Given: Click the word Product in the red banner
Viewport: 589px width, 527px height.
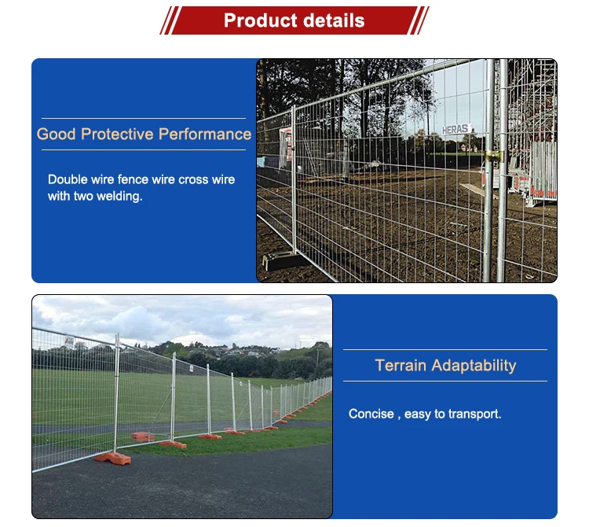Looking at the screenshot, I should coord(257,20).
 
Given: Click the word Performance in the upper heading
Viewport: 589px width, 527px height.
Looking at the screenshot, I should coord(205,134).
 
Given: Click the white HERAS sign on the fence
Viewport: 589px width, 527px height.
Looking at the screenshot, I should coord(455,129).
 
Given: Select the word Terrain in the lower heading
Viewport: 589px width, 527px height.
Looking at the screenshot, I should coord(401,365).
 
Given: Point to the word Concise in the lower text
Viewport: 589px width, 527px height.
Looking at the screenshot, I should coord(371,414).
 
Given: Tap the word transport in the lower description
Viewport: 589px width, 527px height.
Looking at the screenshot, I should coord(474,414).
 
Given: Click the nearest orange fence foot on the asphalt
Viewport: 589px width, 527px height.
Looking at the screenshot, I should coord(112,457).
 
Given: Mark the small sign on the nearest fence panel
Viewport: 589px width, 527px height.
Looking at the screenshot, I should coord(69,343).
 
